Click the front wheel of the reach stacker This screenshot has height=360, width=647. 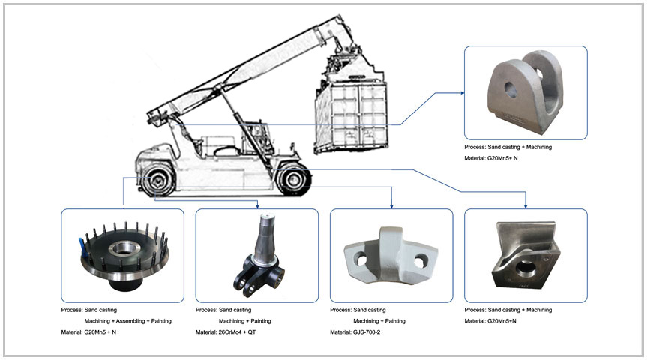pos(292,179)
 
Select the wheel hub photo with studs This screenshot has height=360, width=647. pos(122,255)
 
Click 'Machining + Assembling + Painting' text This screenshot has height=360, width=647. pos(127,321)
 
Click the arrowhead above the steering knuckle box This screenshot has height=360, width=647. pos(257,205)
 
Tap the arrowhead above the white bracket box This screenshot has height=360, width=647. pos(391,205)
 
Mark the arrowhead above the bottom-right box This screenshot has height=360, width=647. pos(526,205)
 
